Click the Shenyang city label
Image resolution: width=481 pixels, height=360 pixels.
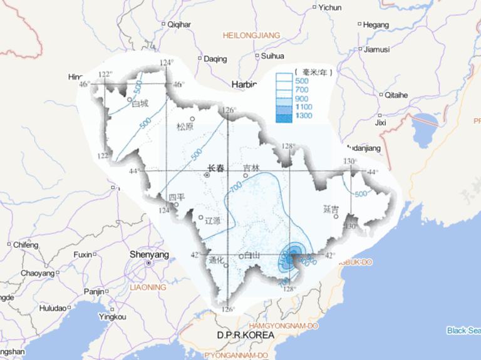(149, 255)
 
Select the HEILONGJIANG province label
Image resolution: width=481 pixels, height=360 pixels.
(251, 36)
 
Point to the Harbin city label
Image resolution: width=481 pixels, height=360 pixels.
(244, 83)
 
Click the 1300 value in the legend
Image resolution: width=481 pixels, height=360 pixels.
(304, 116)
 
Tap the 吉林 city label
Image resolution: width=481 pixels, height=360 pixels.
(251, 168)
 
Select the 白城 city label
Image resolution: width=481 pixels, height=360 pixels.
(140, 103)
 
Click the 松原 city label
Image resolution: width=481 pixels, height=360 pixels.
(185, 126)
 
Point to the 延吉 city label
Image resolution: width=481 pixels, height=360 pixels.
(331, 208)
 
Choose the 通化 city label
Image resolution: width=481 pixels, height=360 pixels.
(216, 261)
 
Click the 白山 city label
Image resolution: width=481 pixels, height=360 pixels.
(252, 255)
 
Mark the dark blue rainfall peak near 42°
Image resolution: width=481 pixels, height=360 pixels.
(292, 255)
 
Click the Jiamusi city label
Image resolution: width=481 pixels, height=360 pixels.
(377, 49)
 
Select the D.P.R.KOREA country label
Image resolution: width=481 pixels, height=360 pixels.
(246, 336)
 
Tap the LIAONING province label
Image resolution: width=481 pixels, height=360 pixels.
(148, 287)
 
